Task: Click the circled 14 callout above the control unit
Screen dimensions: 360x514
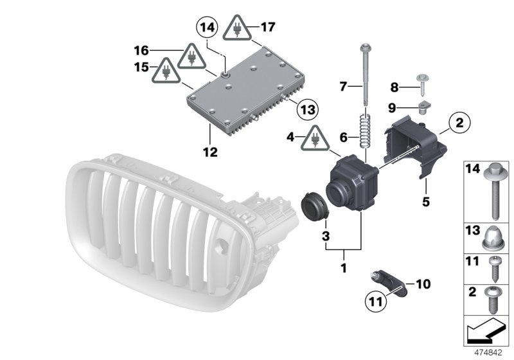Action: coord(207,28)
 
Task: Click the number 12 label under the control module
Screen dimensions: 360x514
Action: coord(210,152)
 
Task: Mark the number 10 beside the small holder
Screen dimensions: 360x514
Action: coord(423,283)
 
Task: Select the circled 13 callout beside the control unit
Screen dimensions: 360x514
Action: coord(308,109)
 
